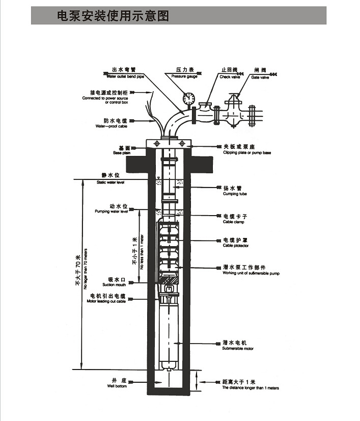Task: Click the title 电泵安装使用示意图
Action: click(x=113, y=16)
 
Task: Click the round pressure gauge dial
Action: click(x=189, y=97)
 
